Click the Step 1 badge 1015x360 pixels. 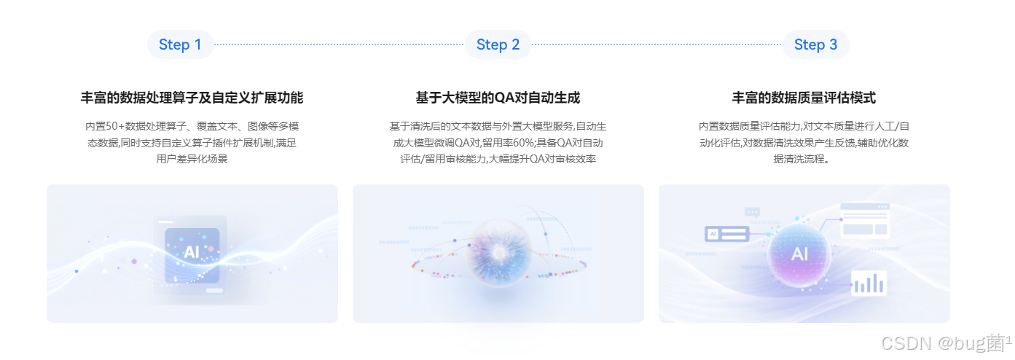click(181, 44)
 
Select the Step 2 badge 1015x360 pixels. click(498, 44)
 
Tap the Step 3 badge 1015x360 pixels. click(815, 44)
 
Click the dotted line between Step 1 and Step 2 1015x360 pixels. click(339, 44)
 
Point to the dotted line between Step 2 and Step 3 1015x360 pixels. click(657, 44)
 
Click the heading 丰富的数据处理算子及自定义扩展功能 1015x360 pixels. click(192, 98)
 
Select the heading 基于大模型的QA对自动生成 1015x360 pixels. click(498, 98)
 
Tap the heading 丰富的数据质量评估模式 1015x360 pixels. click(804, 98)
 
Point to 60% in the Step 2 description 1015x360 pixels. click(523, 143)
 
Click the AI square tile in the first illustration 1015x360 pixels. click(192, 255)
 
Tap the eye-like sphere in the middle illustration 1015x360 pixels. click(498, 253)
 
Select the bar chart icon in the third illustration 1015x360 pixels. click(869, 283)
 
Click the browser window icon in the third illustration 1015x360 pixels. click(865, 221)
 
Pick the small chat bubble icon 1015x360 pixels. click(752, 212)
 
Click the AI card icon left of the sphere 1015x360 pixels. click(726, 234)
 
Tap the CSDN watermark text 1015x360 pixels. click(946, 343)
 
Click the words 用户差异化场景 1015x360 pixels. click(192, 159)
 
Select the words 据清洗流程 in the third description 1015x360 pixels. click(799, 159)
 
